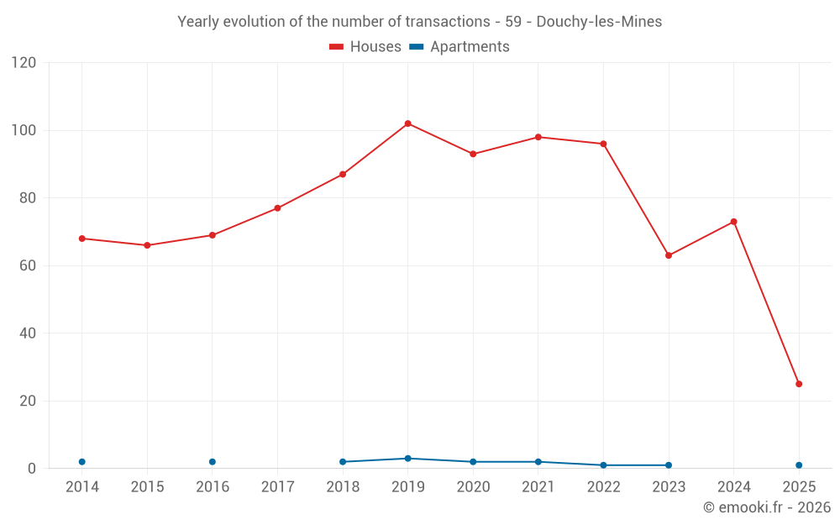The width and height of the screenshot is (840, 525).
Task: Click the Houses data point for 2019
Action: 407,123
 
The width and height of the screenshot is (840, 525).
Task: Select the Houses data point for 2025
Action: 799,384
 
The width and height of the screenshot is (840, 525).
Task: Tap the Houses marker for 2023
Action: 669,255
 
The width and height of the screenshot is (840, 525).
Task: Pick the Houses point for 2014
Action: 81,239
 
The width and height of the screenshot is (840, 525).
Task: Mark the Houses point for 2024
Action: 733,222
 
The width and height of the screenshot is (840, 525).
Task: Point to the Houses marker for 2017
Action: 277,208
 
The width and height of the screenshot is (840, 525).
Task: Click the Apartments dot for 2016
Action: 212,462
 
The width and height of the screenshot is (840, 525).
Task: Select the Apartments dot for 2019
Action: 407,459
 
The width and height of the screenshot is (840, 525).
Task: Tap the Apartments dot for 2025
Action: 799,465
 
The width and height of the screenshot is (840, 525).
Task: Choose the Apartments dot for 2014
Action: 81,462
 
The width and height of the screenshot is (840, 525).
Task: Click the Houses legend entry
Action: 365,47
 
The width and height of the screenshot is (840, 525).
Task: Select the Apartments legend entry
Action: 459,47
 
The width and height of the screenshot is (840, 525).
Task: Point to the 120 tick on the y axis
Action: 24,63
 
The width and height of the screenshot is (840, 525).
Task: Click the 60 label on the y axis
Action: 28,265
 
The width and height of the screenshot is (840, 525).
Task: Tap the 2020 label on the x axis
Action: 473,487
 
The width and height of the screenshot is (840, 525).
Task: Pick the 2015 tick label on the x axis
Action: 147,487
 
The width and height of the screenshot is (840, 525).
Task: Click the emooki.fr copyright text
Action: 767,507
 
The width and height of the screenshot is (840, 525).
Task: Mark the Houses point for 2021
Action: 538,137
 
